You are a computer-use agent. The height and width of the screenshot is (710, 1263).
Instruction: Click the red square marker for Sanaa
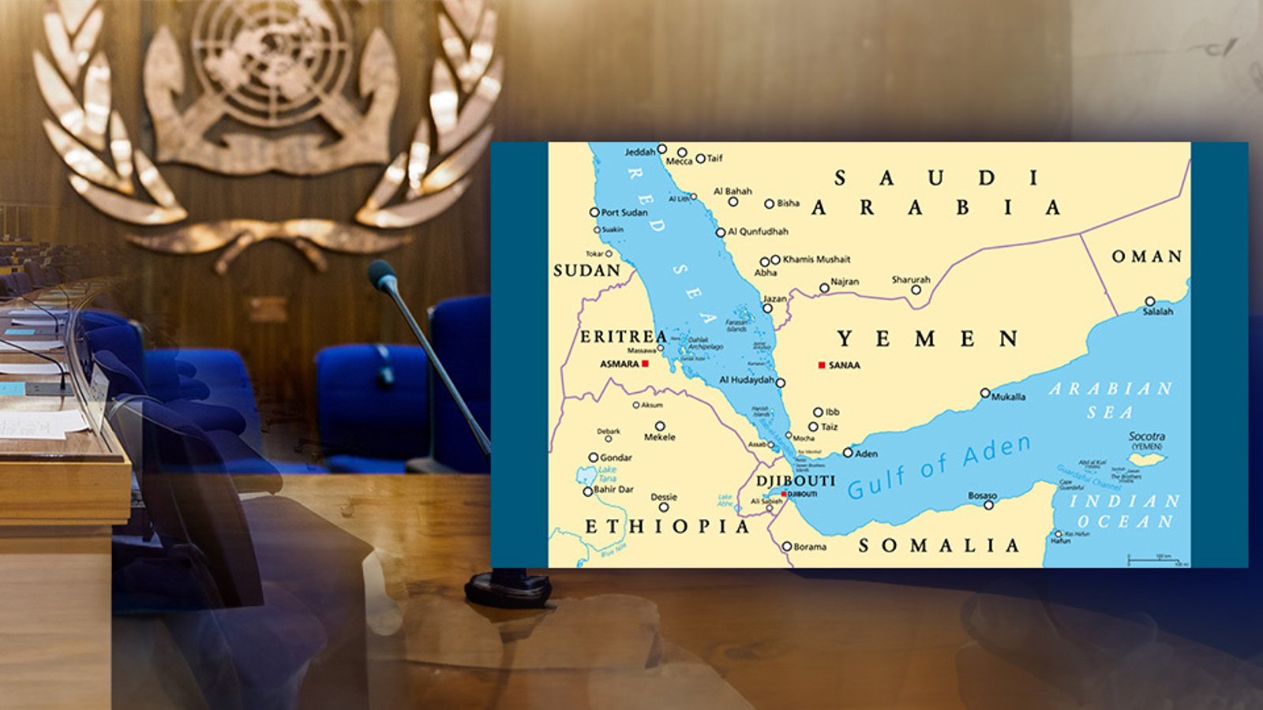point(822,365)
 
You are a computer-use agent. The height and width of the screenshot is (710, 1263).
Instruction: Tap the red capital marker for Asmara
point(645,364)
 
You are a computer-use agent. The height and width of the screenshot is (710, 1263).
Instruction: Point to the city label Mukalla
point(1008,397)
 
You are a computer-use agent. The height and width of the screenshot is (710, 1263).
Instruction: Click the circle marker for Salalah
point(1149,301)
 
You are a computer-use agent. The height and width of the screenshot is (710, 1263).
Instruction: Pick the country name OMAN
point(1147,256)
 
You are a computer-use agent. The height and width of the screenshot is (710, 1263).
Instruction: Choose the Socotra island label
point(1146,436)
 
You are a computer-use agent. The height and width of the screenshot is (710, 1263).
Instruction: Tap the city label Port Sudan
point(624,212)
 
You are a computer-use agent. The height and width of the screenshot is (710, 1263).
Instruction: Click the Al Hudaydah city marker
point(780,383)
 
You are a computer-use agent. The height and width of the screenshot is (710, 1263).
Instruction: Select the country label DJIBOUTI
point(795,480)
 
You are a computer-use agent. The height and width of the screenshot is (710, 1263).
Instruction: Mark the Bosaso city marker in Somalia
point(988,505)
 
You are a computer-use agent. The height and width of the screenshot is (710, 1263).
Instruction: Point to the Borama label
point(810,547)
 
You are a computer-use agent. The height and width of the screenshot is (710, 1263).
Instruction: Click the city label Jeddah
point(640,151)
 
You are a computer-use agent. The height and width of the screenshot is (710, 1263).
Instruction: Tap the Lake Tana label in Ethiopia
point(607,473)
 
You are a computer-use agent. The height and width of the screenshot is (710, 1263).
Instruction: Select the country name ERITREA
point(624,337)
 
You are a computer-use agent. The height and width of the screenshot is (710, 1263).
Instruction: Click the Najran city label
point(845,282)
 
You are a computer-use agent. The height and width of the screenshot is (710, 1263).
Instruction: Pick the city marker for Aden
point(848,453)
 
